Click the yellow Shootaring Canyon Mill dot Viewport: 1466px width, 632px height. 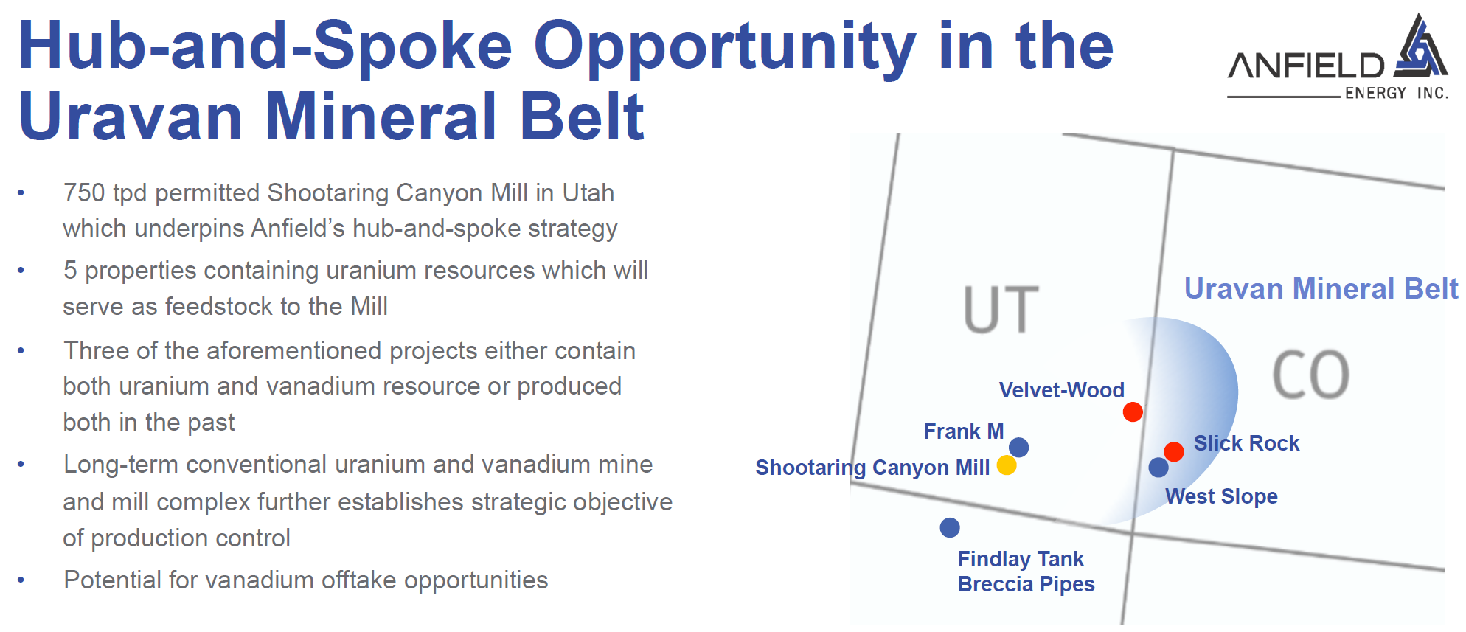tap(1007, 465)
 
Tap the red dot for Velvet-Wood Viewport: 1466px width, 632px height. tap(1133, 412)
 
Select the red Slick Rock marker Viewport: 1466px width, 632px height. tap(1174, 451)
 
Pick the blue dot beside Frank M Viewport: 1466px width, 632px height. tap(1018, 447)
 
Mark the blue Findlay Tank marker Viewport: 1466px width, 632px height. tap(950, 527)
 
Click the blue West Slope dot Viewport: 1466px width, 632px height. tap(1158, 467)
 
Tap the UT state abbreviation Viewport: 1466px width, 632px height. tap(1001, 310)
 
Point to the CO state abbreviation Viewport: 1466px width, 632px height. tap(1311, 375)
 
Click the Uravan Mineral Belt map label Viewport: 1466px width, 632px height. tap(1321, 288)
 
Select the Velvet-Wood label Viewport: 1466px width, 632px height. tap(1061, 390)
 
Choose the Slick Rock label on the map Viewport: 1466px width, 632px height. tap(1246, 443)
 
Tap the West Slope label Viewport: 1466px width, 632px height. tap(1221, 496)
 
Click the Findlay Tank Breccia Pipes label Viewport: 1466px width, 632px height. tap(1026, 572)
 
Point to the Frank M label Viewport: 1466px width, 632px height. tap(964, 431)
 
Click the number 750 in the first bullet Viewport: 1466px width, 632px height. tap(84, 192)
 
